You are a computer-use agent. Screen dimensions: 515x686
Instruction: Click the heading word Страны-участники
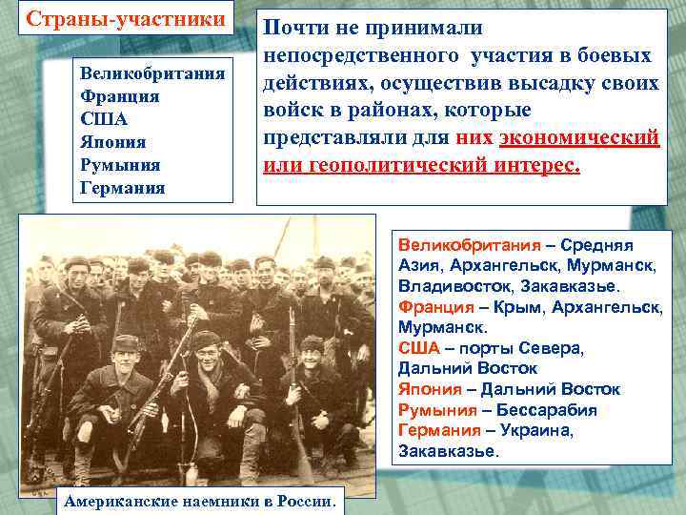[x=125, y=19]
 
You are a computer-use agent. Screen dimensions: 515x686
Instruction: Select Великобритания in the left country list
[x=152, y=74]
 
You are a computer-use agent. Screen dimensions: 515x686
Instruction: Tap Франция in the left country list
[x=120, y=97]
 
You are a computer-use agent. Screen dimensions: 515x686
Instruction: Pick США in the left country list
[x=105, y=120]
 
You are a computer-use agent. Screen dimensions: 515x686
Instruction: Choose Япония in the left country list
[x=115, y=143]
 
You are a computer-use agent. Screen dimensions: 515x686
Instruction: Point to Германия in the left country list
[x=123, y=189]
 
